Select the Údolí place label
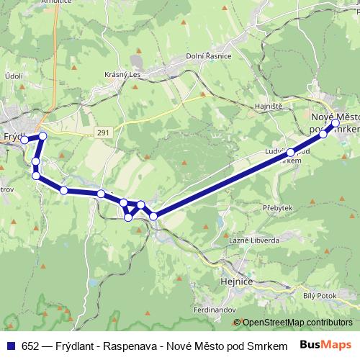pos(14,76)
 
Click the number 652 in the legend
pos(28,344)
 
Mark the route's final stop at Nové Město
pos(336,123)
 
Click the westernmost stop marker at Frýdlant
pos(24,140)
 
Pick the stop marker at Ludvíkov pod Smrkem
pos(290,153)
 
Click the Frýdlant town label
pos(13,135)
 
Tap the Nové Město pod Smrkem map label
pos(336,122)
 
